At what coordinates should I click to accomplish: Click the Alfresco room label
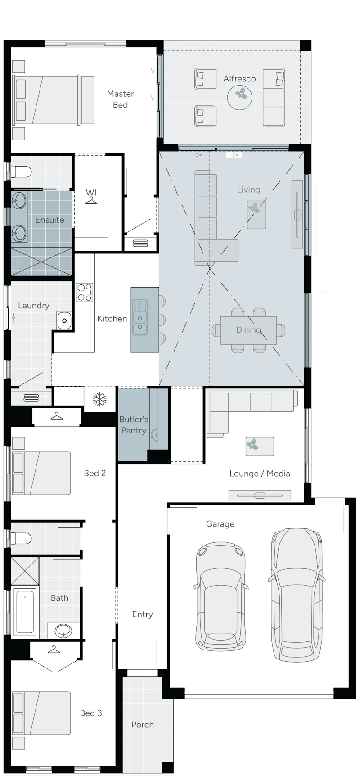(239, 79)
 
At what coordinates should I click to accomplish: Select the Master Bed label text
(120, 99)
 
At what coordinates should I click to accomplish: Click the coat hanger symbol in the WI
(91, 200)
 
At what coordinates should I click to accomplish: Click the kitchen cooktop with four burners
(85, 292)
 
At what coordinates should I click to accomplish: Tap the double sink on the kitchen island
(139, 317)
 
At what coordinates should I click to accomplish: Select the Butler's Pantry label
(134, 425)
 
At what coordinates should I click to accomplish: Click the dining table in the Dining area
(248, 330)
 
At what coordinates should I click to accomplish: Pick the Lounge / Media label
(260, 474)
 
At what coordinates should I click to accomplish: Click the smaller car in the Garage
(220, 596)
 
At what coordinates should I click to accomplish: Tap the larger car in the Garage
(297, 594)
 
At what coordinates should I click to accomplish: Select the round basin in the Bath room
(63, 630)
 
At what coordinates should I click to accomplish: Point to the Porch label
(143, 725)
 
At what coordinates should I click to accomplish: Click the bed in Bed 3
(41, 713)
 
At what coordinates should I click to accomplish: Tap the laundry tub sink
(64, 320)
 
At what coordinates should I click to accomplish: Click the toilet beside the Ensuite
(21, 172)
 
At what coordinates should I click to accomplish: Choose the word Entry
(142, 614)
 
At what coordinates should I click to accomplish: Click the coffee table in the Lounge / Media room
(260, 446)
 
